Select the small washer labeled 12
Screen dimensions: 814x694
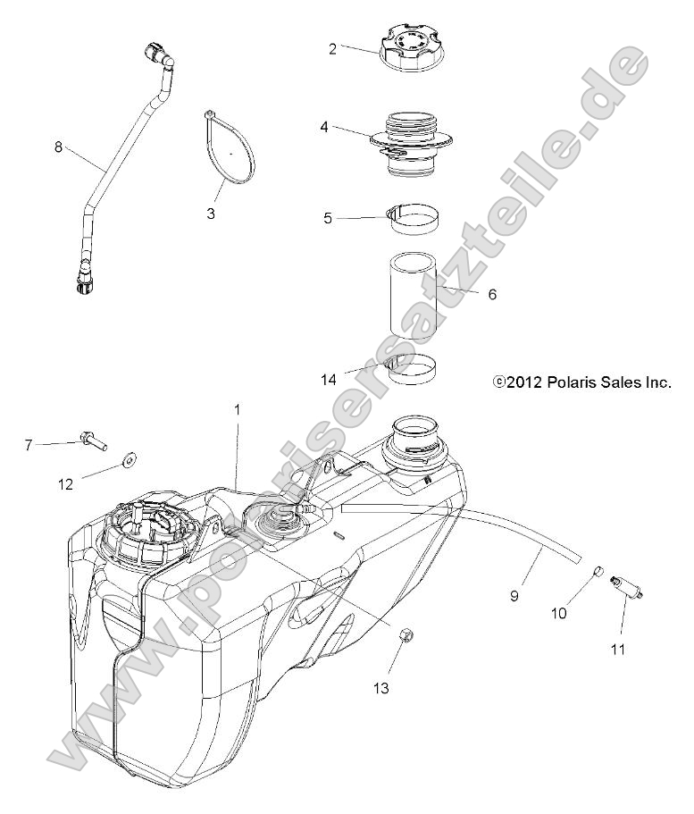(x=130, y=459)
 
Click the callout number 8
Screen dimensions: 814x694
(x=59, y=147)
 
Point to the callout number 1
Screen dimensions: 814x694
(x=238, y=409)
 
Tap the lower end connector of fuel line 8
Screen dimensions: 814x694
(x=83, y=282)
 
